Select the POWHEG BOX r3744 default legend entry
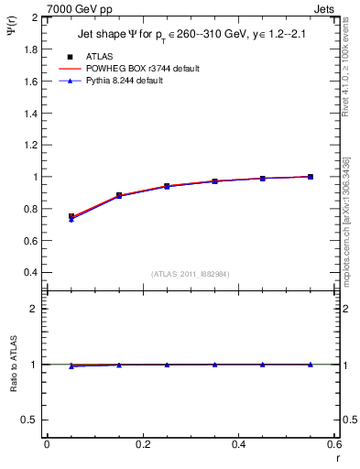(142, 69)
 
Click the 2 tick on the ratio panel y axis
(37, 309)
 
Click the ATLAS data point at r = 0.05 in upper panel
(71, 217)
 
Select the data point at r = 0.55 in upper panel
(310, 177)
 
